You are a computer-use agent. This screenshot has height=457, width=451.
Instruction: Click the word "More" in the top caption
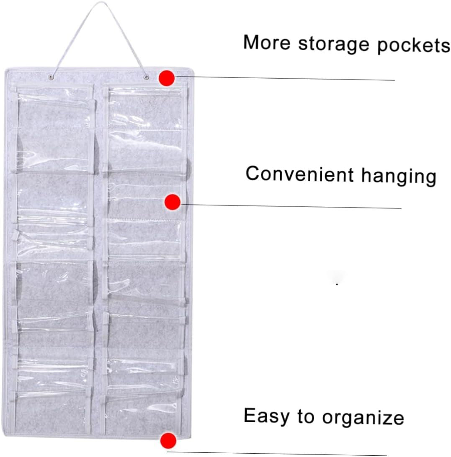tap(267, 42)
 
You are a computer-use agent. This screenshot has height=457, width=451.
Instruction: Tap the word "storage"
tap(334, 45)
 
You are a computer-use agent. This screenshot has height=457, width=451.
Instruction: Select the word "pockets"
tap(414, 46)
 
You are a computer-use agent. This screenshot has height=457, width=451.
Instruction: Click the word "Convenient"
tap(299, 174)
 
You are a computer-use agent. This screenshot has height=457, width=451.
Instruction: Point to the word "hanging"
tap(399, 177)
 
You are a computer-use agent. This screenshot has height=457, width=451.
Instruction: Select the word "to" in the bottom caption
tap(306, 416)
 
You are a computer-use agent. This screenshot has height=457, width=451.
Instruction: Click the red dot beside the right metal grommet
tap(167, 78)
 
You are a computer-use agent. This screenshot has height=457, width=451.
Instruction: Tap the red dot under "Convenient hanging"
tap(173, 202)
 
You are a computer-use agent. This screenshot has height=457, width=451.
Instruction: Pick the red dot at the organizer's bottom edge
tap(168, 440)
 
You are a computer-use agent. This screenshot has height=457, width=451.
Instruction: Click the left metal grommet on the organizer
tap(52, 77)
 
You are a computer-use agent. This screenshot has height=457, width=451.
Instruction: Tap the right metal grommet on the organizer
tap(147, 77)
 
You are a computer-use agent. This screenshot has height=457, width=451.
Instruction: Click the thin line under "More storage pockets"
tap(285, 78)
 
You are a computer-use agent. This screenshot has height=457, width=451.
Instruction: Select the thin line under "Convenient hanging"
tap(291, 206)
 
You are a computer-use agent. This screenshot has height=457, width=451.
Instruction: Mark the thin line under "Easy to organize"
tap(277, 454)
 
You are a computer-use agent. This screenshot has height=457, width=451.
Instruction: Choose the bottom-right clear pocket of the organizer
tap(142, 412)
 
